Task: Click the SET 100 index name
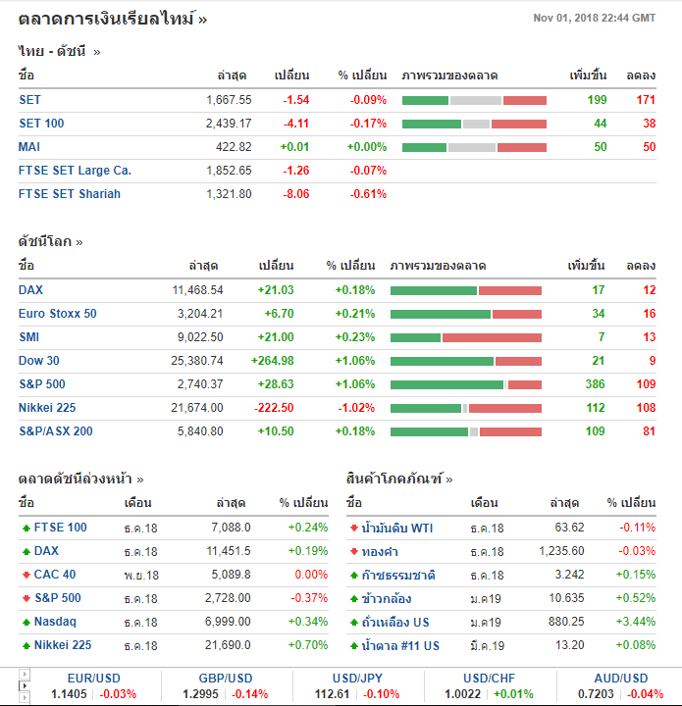coord(41,124)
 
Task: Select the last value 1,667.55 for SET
coord(229,100)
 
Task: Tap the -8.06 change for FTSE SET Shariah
coord(295,194)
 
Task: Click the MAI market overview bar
coord(474,147)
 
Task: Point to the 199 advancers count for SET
coord(597,100)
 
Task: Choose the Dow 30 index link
coord(38,361)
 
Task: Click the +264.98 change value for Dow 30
coord(272,361)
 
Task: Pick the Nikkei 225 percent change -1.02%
coord(354,408)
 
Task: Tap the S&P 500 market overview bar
coord(465,384)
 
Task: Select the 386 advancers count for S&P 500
coord(595,384)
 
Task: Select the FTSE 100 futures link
coord(60,528)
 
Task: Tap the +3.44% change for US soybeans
coord(635,622)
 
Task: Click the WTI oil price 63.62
coord(569,528)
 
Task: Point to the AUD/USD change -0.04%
coord(645,694)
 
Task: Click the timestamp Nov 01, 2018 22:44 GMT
coord(594,19)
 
